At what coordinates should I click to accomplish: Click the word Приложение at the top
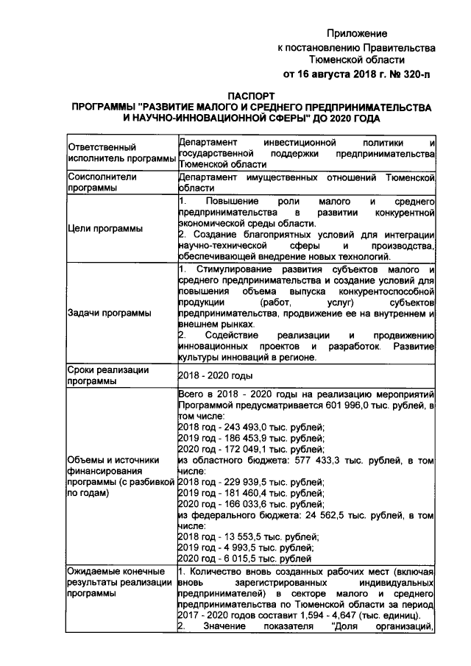point(357,34)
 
